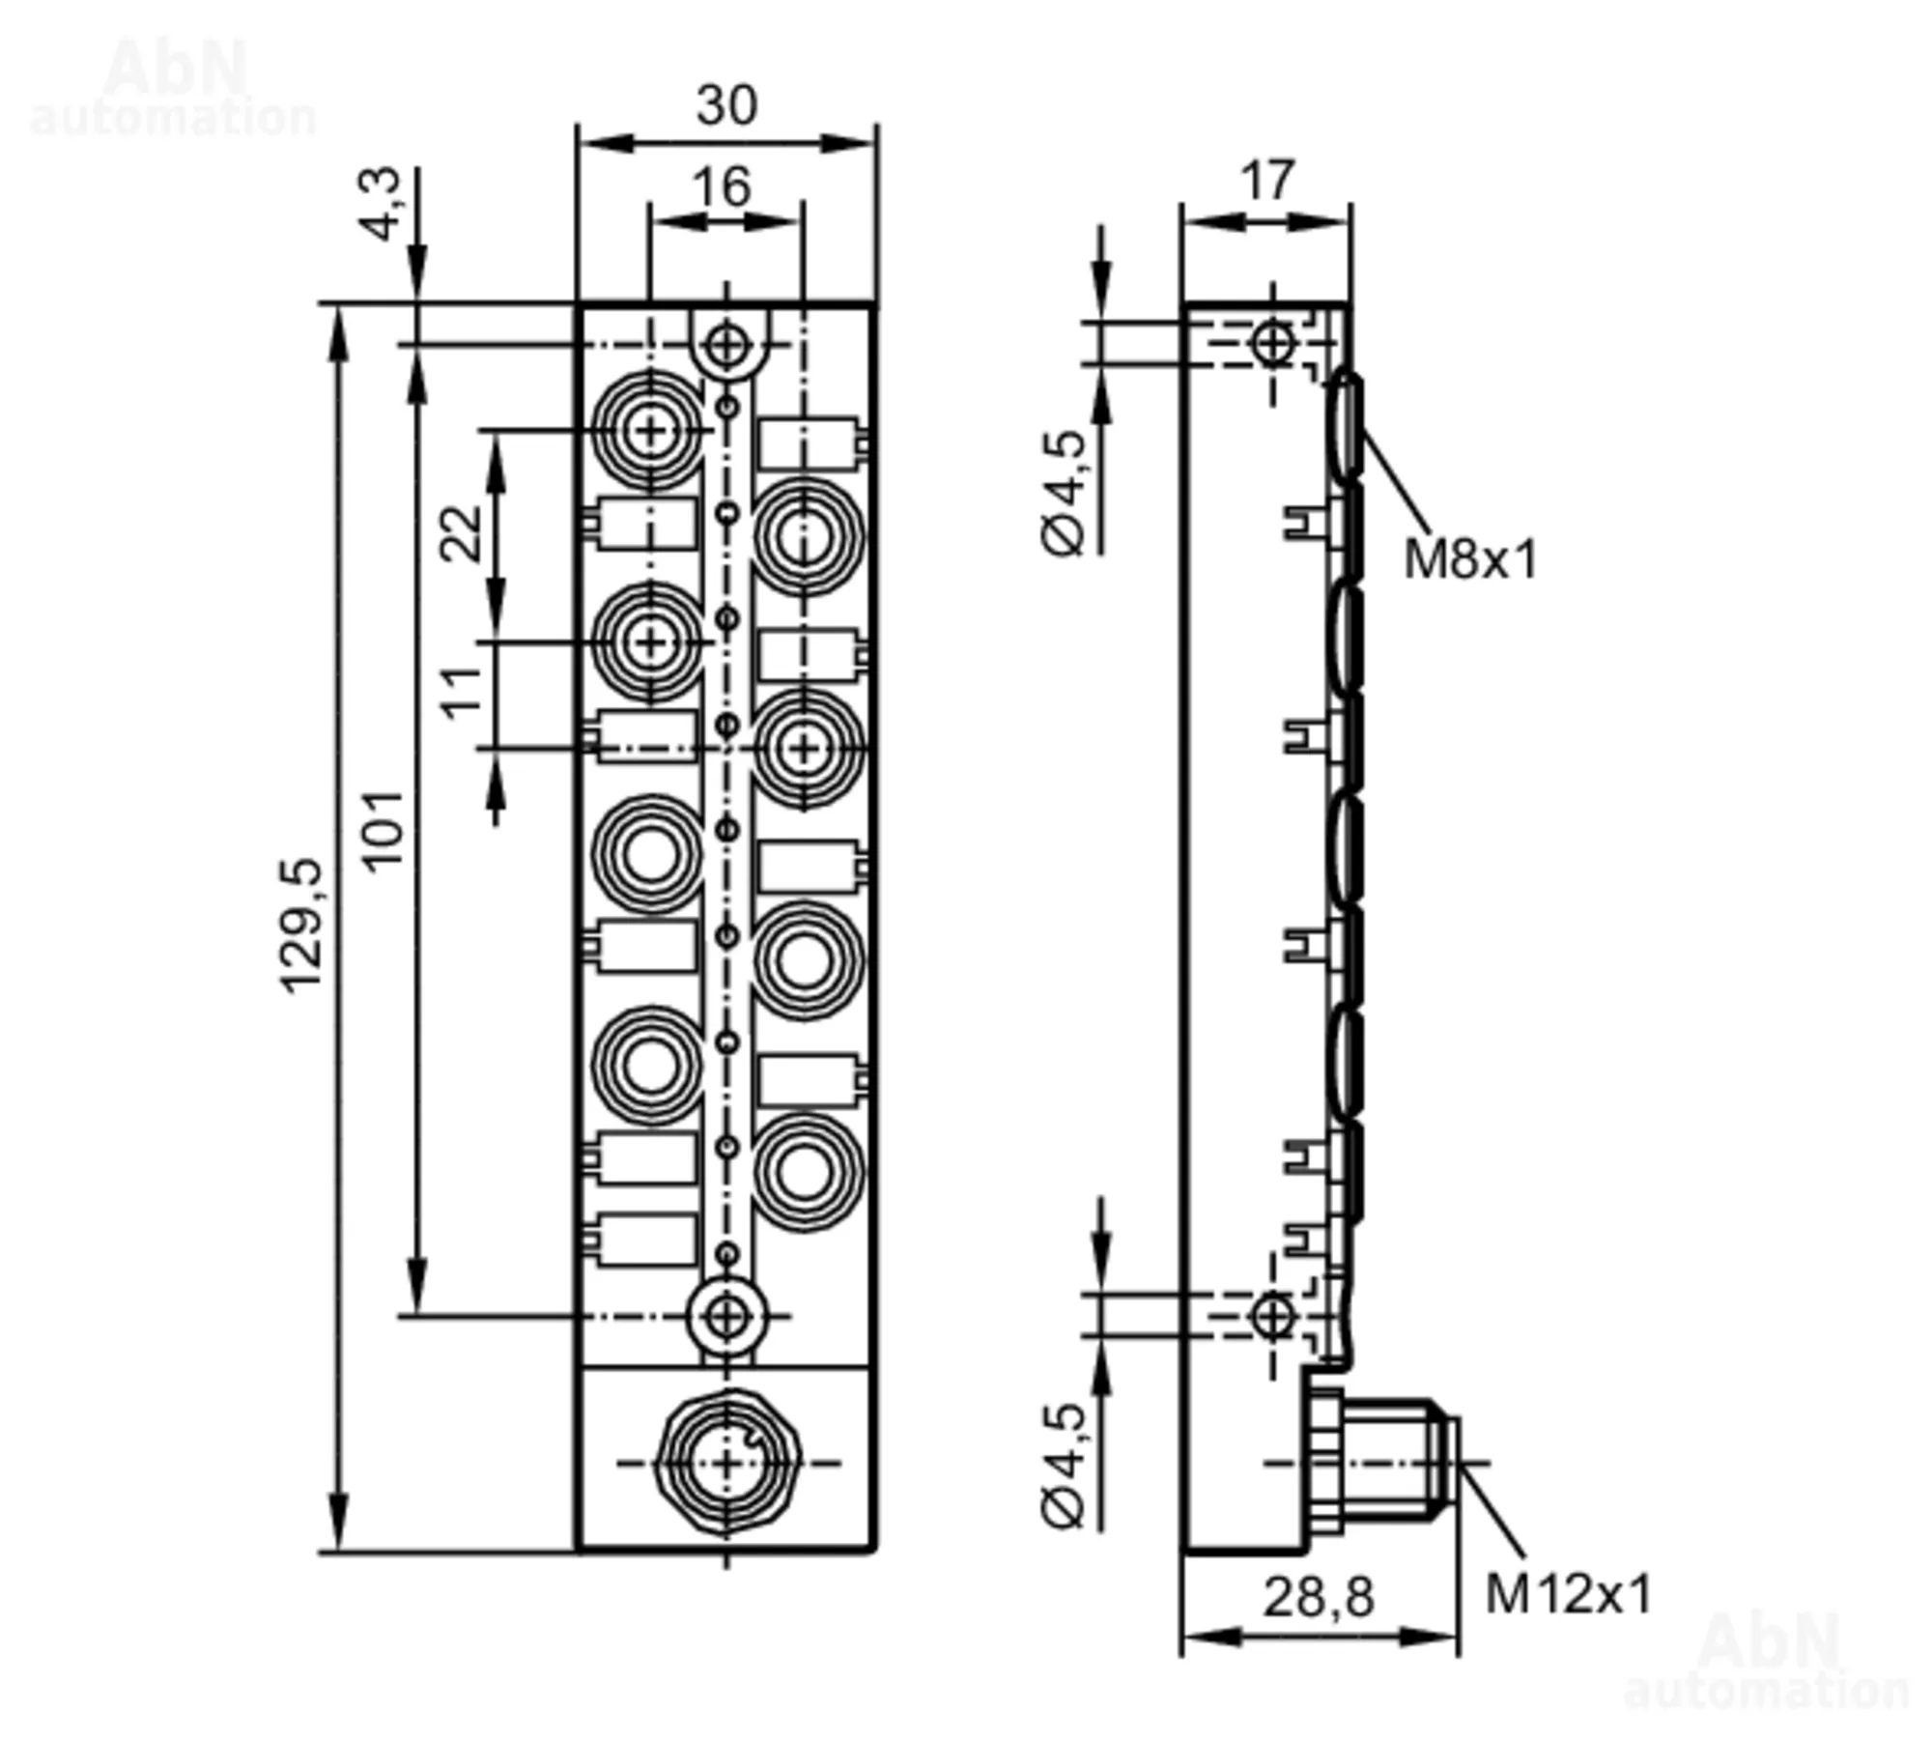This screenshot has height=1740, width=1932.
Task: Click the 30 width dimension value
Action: coord(726,104)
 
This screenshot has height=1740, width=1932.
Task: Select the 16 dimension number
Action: coord(722,186)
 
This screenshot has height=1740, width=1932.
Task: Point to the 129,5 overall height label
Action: coord(300,925)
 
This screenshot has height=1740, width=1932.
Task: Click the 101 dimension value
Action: coord(384,828)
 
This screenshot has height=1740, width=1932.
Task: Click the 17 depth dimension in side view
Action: coord(1266,181)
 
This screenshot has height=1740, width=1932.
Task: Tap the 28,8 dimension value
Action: coord(1318,1597)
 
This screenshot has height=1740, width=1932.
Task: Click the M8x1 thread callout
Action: coord(1469,559)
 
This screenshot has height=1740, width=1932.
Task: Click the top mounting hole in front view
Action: coord(726,344)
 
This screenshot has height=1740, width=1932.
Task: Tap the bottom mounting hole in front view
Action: coord(726,1315)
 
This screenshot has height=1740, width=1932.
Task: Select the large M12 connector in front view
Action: coord(726,1464)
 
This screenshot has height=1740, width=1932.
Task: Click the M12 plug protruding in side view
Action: coord(1391,1464)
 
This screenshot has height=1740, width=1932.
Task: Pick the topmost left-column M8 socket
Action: coord(650,430)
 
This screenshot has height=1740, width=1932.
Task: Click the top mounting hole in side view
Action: coord(1271,343)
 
